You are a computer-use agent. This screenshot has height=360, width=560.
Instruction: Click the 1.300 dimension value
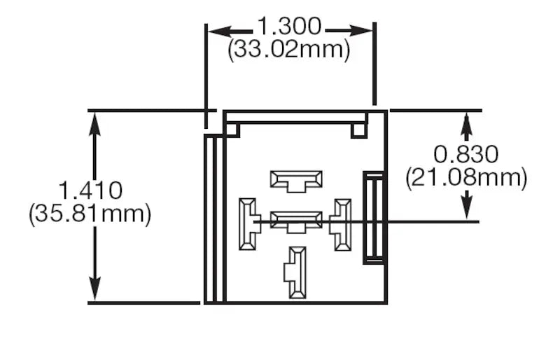tap(289, 26)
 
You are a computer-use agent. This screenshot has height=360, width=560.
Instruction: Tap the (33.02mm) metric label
tap(289, 49)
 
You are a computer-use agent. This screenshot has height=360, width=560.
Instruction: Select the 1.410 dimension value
tap(90, 191)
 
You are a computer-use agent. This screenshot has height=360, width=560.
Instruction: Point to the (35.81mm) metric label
tap(90, 214)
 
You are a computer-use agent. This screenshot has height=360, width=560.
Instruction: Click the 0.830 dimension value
tap(466, 155)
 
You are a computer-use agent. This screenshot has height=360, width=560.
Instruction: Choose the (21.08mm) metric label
tap(466, 178)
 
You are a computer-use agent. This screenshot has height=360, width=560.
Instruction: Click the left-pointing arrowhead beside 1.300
tap(218, 32)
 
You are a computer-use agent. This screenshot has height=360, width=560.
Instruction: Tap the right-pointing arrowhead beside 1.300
tap(361, 31)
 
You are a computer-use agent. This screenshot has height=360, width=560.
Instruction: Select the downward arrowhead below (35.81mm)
tap(94, 288)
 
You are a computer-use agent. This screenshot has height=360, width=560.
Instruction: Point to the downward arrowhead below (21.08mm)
tap(467, 208)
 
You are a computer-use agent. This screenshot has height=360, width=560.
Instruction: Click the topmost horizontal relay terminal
tap(296, 181)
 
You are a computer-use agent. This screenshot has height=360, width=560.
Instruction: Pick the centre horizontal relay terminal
tap(296, 222)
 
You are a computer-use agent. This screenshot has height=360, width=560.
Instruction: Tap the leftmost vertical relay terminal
tap(250, 224)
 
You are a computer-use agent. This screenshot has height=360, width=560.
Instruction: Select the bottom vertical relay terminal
tap(295, 272)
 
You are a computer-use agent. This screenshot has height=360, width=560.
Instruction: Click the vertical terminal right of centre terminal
tap(340, 225)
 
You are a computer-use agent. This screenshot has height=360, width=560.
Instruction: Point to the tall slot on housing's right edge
tap(374, 218)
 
